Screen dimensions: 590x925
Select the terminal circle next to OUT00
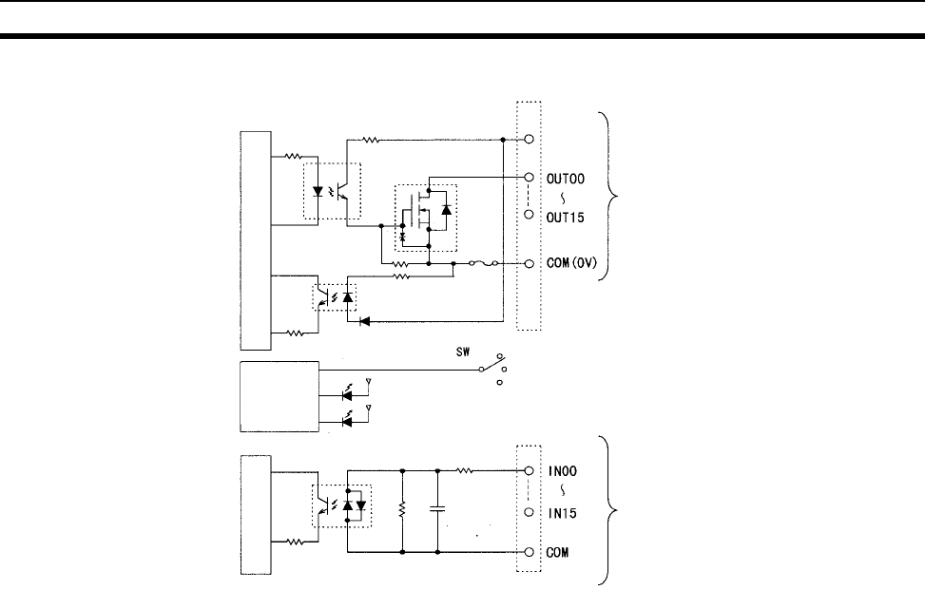529,177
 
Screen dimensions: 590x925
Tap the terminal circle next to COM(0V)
529,263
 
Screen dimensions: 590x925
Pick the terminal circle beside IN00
529,470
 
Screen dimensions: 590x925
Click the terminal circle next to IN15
529,512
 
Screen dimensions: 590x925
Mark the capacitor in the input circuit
437,510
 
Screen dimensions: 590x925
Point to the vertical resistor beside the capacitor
403,510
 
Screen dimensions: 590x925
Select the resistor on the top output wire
371,140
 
